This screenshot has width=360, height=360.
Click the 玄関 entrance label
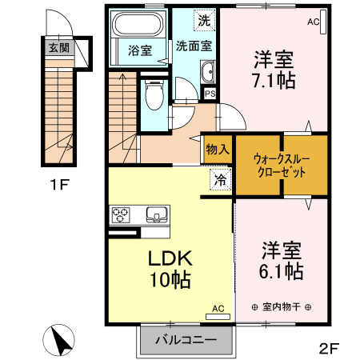(x=58, y=48)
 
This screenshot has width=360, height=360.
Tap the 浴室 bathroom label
(x=139, y=50)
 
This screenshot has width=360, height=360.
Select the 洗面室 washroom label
(x=194, y=46)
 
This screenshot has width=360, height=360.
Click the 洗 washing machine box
(x=206, y=21)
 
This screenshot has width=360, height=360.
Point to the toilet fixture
(x=155, y=94)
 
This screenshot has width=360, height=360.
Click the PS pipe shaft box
(x=210, y=94)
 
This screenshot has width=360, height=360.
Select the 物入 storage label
(x=217, y=149)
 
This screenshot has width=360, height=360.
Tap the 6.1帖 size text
(x=279, y=270)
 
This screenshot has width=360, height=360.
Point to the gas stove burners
(x=122, y=214)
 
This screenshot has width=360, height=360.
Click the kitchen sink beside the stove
(x=157, y=214)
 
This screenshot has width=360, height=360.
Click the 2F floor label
(x=329, y=348)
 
